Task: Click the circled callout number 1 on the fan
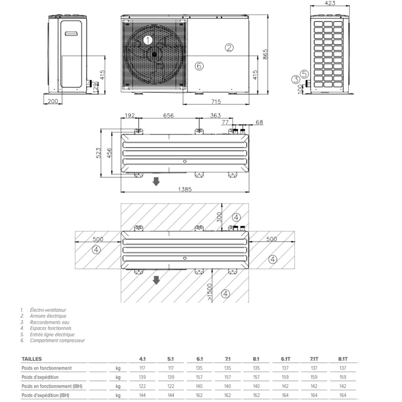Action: click(148, 40)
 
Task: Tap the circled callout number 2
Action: click(229, 47)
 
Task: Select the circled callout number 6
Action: click(199, 66)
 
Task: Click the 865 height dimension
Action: click(265, 54)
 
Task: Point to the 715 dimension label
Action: click(216, 102)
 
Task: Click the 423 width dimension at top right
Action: click(330, 3)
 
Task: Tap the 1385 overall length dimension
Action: click(185, 189)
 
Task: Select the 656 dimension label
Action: click(169, 115)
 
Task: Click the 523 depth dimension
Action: click(98, 153)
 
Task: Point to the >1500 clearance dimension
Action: click(210, 292)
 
